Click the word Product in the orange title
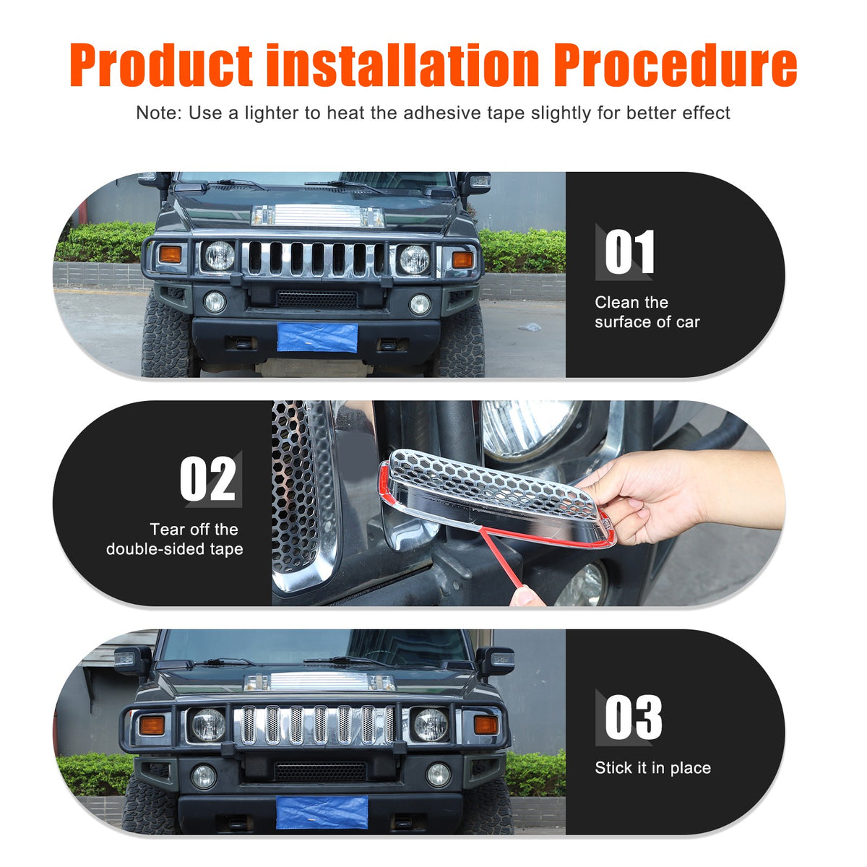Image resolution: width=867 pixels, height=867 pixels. [161, 64]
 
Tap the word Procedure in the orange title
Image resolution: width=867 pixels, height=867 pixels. [676, 64]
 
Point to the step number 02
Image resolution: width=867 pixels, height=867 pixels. [208, 478]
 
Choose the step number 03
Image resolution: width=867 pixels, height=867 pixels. [633, 717]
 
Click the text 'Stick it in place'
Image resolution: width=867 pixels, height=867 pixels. [653, 767]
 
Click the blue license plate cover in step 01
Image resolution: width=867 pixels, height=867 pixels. [317, 337]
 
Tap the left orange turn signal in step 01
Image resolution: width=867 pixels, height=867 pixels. [170, 254]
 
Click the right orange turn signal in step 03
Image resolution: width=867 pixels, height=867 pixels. [486, 725]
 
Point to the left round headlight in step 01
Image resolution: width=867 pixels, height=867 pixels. [220, 256]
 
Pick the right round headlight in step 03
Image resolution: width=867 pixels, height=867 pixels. [431, 725]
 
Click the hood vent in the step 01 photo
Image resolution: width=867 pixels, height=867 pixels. [318, 215]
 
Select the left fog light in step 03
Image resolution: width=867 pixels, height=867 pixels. [204, 777]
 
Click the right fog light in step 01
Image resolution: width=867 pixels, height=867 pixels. [420, 305]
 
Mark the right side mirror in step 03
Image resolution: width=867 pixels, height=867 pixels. [496, 661]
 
